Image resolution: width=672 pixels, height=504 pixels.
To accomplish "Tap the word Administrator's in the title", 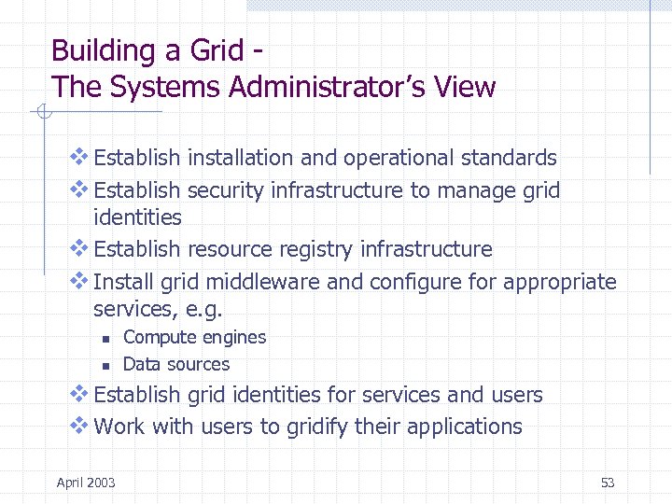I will pyautogui.click(x=321, y=88).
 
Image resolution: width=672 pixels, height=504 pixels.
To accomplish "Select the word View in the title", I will pyautogui.click(x=463, y=88).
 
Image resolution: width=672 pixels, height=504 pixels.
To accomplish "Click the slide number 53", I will pyautogui.click(x=608, y=483).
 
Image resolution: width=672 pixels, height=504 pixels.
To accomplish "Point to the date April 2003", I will pyautogui.click(x=86, y=483).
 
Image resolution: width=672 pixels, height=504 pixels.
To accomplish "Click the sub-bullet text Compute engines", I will pyautogui.click(x=194, y=338).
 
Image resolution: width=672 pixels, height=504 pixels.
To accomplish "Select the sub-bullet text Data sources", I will pyautogui.click(x=175, y=364).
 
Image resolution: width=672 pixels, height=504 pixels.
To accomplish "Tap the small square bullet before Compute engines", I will pyautogui.click(x=106, y=340).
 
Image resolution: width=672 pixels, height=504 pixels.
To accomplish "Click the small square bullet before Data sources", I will pyautogui.click(x=106, y=366).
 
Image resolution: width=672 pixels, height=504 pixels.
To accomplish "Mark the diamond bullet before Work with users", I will pyautogui.click(x=79, y=426).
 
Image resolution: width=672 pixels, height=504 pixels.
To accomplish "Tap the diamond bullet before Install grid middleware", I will pyautogui.click(x=79, y=280).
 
